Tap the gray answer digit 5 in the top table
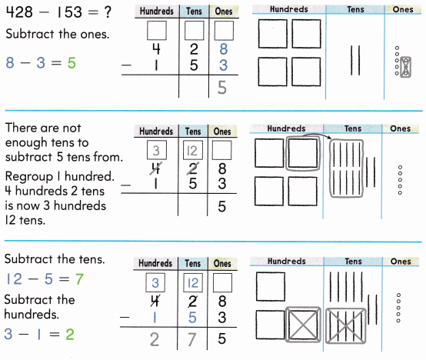pyautogui.click(x=222, y=88)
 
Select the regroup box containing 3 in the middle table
pyautogui.click(x=157, y=150)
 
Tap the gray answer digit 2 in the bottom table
pyautogui.click(x=156, y=338)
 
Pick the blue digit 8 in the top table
pyautogui.click(x=222, y=49)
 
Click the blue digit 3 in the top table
pyautogui.click(x=222, y=65)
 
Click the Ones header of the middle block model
pyautogui.click(x=401, y=129)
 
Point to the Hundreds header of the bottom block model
pyautogui.click(x=286, y=261)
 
